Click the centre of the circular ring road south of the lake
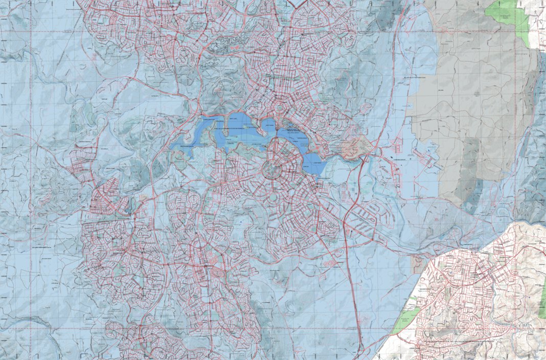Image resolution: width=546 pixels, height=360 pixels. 272,171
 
